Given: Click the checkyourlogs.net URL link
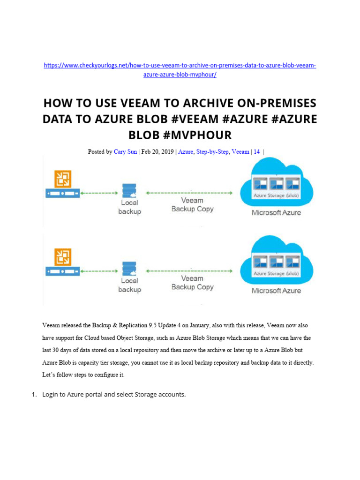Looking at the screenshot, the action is pyautogui.click(x=180, y=66).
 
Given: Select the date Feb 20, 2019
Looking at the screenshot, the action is pyautogui.click(x=158, y=152).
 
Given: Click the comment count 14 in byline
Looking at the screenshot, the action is pyautogui.click(x=257, y=152).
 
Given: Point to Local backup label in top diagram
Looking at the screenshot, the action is pyautogui.click(x=129, y=207).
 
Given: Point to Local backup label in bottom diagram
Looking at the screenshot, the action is pyautogui.click(x=129, y=285).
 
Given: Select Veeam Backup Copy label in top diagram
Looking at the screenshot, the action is pyautogui.click(x=192, y=205).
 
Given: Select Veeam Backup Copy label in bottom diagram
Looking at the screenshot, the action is pyautogui.click(x=192, y=283).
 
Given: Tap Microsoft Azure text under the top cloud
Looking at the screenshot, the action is pyautogui.click(x=276, y=212).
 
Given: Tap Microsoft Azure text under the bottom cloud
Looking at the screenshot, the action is pyautogui.click(x=276, y=291).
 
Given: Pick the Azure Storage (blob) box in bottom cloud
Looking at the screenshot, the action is pyautogui.click(x=276, y=266).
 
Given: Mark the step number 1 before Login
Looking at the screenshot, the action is pyautogui.click(x=34, y=394).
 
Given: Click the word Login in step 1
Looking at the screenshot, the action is pyautogui.click(x=50, y=394).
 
